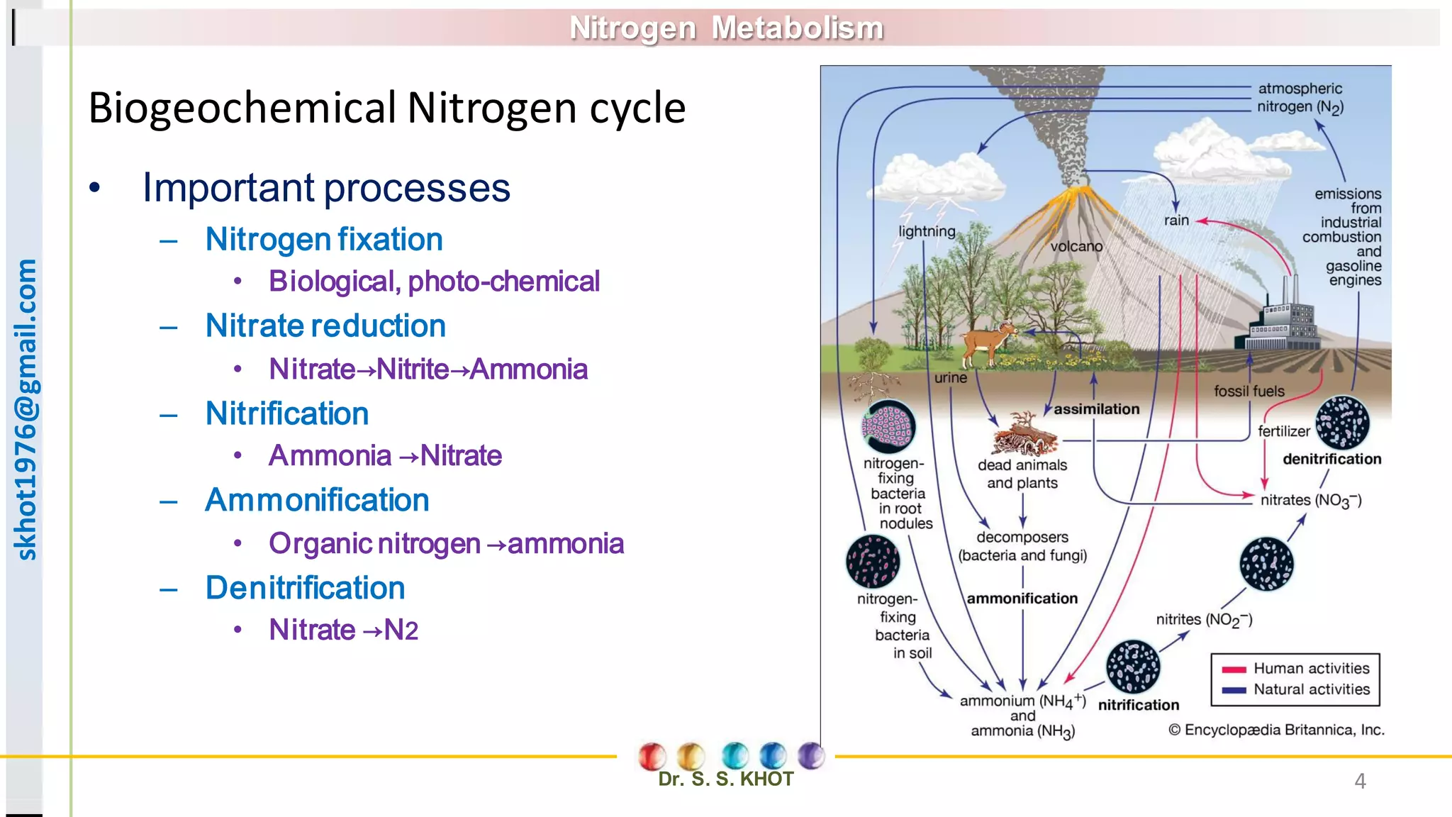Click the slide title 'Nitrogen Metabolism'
[726, 28]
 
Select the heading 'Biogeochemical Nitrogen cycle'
[386, 108]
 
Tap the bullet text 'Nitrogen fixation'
[323, 240]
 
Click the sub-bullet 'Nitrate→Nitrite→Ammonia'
[428, 369]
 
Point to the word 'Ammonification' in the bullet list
[317, 501]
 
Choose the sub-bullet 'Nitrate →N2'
[343, 630]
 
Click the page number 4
[1359, 781]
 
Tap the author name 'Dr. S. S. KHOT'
[725, 779]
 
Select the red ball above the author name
[652, 756]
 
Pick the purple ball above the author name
[810, 755]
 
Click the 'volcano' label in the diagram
[1076, 247]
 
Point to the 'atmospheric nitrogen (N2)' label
[1300, 98]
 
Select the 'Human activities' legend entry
[1311, 669]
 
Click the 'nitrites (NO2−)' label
[1204, 620]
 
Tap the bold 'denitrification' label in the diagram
[1331, 460]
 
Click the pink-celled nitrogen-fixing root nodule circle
[888, 427]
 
